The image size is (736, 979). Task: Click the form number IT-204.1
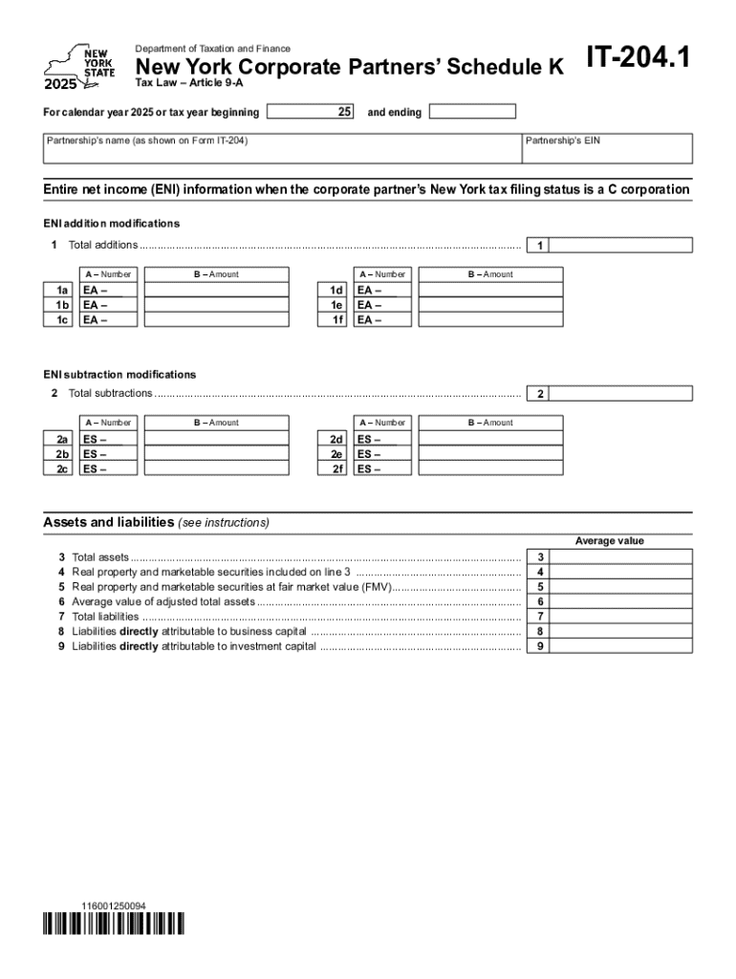pyautogui.click(x=638, y=61)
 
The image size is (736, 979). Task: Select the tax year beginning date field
pyautogui.click(x=310, y=112)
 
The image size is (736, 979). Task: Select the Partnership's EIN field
pyautogui.click(x=607, y=148)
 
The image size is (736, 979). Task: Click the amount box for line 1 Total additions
pyautogui.click(x=621, y=246)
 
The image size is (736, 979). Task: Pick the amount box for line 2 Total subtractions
pyautogui.click(x=621, y=394)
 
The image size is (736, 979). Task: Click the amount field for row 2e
pyautogui.click(x=490, y=454)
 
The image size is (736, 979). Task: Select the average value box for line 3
pyautogui.click(x=621, y=556)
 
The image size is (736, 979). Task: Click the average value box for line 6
pyautogui.click(x=621, y=601)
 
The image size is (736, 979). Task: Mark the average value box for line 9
pyautogui.click(x=621, y=646)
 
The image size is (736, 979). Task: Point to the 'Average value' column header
pyautogui.click(x=609, y=541)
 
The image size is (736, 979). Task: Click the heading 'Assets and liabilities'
pyautogui.click(x=109, y=523)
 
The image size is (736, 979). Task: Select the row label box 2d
pyautogui.click(x=336, y=439)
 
